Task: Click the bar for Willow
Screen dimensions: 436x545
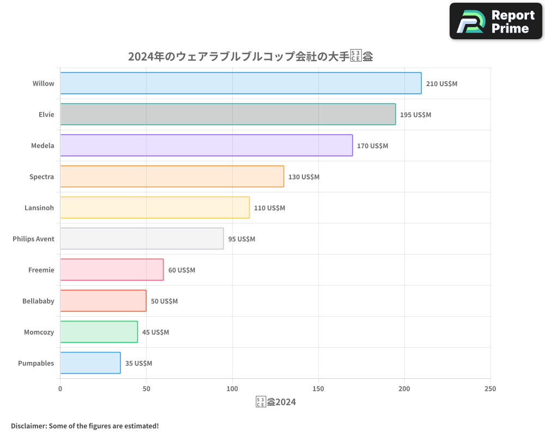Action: pyautogui.click(x=240, y=83)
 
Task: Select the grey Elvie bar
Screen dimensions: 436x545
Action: pyautogui.click(x=228, y=114)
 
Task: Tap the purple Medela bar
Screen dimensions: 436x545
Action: pyautogui.click(x=206, y=146)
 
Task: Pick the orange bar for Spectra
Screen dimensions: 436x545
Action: pyautogui.click(x=172, y=177)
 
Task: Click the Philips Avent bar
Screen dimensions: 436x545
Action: pyautogui.click(x=142, y=239)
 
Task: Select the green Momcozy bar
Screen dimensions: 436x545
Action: pyautogui.click(x=99, y=332)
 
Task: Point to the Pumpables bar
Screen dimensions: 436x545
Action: pyautogui.click(x=90, y=363)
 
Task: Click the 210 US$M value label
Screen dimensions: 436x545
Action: pyautogui.click(x=441, y=84)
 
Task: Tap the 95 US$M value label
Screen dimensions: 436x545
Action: pyautogui.click(x=241, y=239)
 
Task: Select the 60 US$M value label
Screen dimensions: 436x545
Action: pyautogui.click(x=181, y=270)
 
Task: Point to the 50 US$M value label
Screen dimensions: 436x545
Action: pyautogui.click(x=164, y=301)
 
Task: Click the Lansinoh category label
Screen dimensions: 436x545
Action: pyautogui.click(x=39, y=208)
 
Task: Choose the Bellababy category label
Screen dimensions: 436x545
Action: pyautogui.click(x=38, y=301)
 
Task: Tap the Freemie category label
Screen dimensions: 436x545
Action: pyautogui.click(x=41, y=270)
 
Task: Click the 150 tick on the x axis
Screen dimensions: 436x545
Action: pyautogui.click(x=318, y=389)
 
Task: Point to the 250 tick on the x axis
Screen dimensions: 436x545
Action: pyautogui.click(x=490, y=389)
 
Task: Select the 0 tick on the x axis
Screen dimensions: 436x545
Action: pyautogui.click(x=60, y=389)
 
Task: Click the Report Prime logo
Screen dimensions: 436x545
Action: pyautogui.click(x=496, y=21)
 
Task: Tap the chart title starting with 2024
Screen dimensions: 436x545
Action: pyautogui.click(x=250, y=56)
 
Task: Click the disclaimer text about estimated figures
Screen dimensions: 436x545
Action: pyautogui.click(x=84, y=426)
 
